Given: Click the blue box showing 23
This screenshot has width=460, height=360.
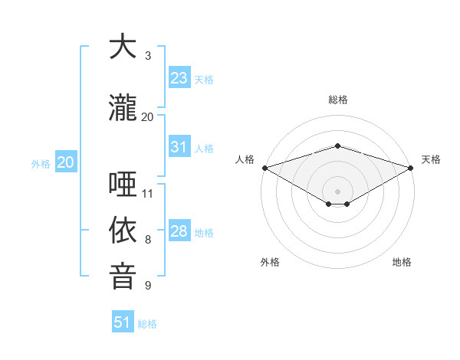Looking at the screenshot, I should click(x=179, y=78).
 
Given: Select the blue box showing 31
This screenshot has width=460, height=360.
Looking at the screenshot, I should click(x=179, y=147).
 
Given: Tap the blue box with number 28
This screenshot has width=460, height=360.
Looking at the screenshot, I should click(x=179, y=231).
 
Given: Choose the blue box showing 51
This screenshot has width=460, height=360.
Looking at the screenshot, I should click(x=123, y=322).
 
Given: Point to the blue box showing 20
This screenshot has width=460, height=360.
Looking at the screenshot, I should click(x=65, y=162).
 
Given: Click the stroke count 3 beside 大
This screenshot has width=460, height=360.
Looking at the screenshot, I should click(x=148, y=56).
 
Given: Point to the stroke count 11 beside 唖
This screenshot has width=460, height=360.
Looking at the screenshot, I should click(x=148, y=193).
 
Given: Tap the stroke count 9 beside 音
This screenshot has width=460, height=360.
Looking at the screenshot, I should click(x=148, y=286).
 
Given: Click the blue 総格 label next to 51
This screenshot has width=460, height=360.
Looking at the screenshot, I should click(x=147, y=324).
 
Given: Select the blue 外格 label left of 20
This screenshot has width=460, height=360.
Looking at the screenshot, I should click(x=41, y=163).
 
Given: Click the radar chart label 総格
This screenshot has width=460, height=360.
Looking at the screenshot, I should click(x=337, y=100).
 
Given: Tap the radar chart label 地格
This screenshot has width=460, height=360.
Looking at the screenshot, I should click(x=402, y=262).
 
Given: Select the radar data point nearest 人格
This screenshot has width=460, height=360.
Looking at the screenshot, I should click(x=264, y=168).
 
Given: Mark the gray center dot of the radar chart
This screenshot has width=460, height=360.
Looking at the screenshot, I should click(x=337, y=191).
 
